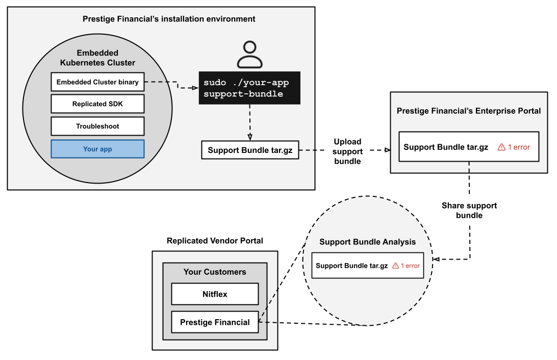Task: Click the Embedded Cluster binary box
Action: coord(97,82)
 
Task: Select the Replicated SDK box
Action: coord(97,104)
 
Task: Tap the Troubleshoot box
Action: coord(97,126)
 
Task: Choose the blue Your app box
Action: coord(97,149)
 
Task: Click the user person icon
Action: coord(250,55)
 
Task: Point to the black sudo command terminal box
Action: coord(249,88)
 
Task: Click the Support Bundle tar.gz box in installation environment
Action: coord(250,150)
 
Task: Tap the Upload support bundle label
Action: coord(348,151)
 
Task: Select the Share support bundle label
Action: coord(469,211)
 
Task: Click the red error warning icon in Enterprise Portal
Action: coord(501,147)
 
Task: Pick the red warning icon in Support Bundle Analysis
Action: coord(395,266)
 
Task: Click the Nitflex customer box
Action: coord(215,294)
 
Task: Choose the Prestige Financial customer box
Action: coord(215,322)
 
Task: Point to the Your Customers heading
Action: coord(215,272)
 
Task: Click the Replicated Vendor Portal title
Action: coord(215,241)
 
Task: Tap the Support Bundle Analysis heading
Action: coord(367,242)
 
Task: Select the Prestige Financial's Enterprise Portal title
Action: coord(469,111)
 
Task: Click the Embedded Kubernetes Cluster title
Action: coord(97,58)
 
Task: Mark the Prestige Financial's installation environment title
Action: coord(169,19)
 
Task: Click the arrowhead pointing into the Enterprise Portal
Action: coord(387,150)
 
